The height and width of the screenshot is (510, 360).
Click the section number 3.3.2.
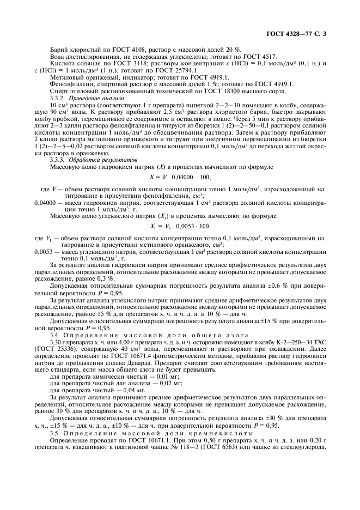[58, 99]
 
